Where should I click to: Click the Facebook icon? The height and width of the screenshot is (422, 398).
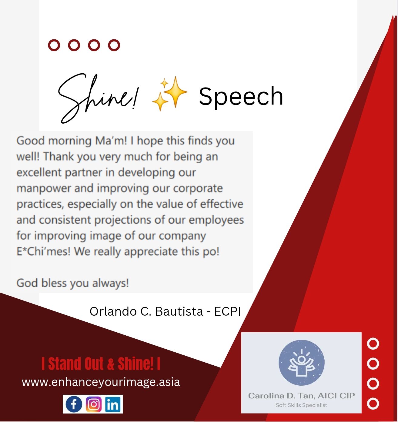coord(74,404)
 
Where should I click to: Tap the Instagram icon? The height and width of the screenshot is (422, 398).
coord(94,404)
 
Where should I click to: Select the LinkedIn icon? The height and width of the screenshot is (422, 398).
coord(113,404)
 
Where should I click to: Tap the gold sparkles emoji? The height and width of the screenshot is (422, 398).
coord(170,94)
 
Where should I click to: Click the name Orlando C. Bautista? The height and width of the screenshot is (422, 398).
coord(146,312)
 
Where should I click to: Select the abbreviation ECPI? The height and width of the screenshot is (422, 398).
coord(227,312)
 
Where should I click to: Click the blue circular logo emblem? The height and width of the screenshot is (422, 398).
coord(301,363)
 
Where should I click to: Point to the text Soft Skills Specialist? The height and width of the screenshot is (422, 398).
coord(301,405)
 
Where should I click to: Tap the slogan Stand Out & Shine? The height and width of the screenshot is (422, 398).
coord(101,364)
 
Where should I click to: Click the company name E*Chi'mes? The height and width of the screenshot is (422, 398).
coord(43,251)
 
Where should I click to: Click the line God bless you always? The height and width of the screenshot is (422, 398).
coord(73,283)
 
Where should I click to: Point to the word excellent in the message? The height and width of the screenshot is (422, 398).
coord(39,172)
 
